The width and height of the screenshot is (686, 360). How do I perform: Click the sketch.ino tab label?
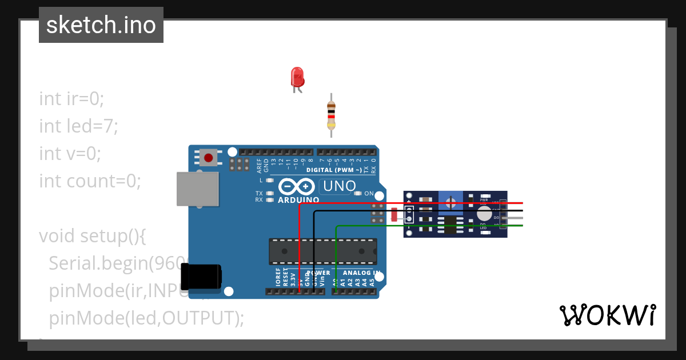(x=101, y=25)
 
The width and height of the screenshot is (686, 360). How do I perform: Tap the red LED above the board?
(x=297, y=78)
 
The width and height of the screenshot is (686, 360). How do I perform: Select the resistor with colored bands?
(x=330, y=115)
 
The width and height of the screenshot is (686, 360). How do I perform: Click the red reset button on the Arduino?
(x=208, y=157)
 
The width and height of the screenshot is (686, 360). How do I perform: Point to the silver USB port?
(x=198, y=189)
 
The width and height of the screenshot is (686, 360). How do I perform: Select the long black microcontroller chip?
(x=322, y=251)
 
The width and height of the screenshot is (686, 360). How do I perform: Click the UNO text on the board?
(x=340, y=186)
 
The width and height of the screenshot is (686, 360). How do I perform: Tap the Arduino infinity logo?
(x=297, y=187)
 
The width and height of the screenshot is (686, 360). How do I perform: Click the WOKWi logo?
(x=607, y=315)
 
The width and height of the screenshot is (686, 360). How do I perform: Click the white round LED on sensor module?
(x=484, y=214)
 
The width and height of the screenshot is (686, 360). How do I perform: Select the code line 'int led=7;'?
(x=79, y=126)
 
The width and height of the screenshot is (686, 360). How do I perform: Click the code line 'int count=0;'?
(x=90, y=181)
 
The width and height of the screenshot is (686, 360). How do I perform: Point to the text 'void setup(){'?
(x=93, y=235)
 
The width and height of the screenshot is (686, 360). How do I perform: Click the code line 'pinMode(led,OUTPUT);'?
(x=146, y=318)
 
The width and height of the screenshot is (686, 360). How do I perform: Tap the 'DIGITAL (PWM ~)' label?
(x=334, y=170)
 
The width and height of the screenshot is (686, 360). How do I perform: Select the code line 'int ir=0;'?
(x=72, y=98)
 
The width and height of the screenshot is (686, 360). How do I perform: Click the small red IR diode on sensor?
(x=394, y=215)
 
